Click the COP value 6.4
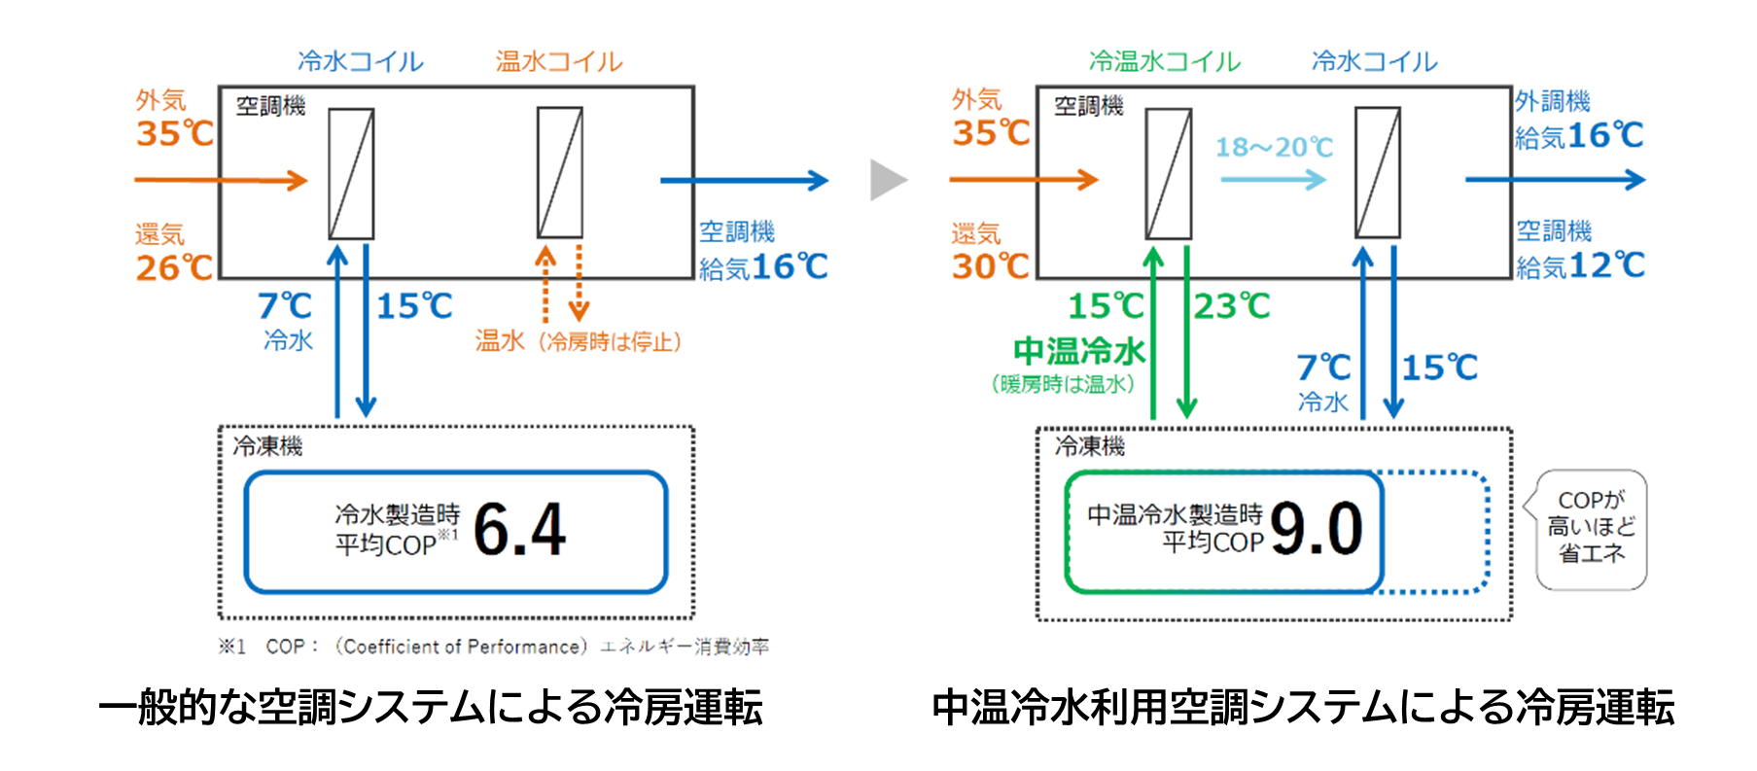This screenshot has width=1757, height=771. pos(519,530)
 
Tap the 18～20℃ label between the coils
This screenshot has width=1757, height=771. pos(1274,147)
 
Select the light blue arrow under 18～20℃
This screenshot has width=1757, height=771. pos(1273,180)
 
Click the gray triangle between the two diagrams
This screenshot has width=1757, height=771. pos(887,180)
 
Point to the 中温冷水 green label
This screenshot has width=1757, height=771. pos(1078,350)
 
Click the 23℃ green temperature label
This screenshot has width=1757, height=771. pos(1232,306)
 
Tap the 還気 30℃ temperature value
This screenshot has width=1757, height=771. pos(990,265)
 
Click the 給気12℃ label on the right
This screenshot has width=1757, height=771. pos(1580,265)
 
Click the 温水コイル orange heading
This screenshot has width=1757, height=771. pos(559,62)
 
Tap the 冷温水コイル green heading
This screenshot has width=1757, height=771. pos(1164,62)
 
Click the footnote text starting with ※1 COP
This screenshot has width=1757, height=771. pos(493,647)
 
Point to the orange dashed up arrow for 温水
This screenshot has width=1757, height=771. pos(545,282)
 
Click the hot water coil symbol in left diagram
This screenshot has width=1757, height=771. pos(560,173)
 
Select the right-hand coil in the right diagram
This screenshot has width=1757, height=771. pos(1378,173)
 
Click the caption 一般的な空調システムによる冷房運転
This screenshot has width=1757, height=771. pos(431,708)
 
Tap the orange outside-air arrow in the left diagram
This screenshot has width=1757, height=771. pos(221,180)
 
